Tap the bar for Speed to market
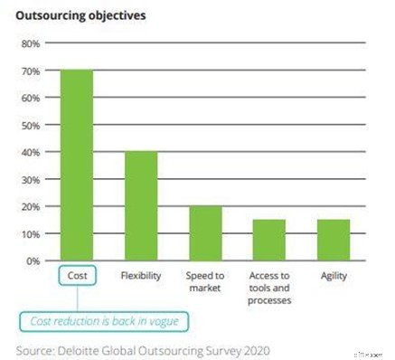(205, 233)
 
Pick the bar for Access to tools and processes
(269, 240)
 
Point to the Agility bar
(334, 240)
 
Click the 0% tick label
(33, 261)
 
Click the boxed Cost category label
(77, 276)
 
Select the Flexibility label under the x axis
(140, 276)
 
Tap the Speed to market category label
(205, 281)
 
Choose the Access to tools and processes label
(269, 287)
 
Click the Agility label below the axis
(334, 276)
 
